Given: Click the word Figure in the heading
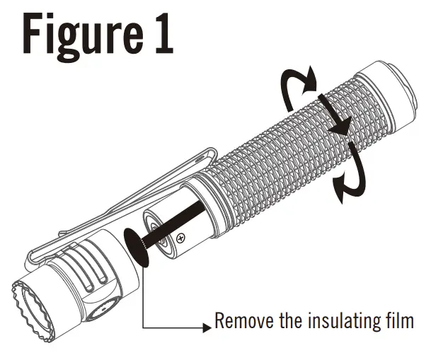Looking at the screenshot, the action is [x=83, y=37].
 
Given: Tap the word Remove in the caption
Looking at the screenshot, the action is [x=244, y=320].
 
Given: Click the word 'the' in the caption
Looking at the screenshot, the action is [x=291, y=320].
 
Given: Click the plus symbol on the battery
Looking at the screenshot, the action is [x=180, y=238].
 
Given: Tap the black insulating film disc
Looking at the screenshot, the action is [x=137, y=247].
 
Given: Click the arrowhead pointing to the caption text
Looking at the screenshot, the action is [x=207, y=327].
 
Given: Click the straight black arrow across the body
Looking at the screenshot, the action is [x=334, y=115].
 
